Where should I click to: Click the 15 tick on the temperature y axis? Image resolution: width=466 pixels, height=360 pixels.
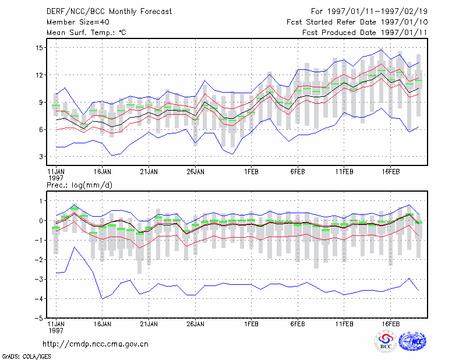point(38,48)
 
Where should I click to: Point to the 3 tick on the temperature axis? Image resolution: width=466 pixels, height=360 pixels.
point(41,157)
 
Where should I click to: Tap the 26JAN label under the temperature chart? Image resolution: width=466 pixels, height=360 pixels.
point(195,172)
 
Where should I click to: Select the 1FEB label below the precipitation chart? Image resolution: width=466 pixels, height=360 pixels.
point(251,324)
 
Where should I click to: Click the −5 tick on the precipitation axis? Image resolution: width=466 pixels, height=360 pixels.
point(38,318)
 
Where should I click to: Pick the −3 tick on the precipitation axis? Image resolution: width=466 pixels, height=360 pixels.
point(38,279)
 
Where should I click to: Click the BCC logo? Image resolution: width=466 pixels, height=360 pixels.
point(386,342)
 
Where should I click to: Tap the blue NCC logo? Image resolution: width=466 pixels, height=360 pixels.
point(413,341)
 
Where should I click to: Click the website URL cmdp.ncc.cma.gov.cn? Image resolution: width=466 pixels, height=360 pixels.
point(96,344)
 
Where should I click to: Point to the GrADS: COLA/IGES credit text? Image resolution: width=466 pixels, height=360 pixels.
point(26,357)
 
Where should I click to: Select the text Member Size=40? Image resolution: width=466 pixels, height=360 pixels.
point(78,22)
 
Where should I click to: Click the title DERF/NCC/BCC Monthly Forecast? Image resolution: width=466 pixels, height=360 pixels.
point(109,12)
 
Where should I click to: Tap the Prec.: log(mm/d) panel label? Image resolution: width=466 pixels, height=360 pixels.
point(79,185)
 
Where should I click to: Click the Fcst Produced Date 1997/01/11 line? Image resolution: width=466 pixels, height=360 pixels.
point(365,33)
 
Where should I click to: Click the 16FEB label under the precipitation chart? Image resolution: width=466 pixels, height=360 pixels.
point(390,324)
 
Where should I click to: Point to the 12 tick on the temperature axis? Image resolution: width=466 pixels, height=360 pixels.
point(38,75)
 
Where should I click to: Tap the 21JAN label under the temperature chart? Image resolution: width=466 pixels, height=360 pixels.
point(149,172)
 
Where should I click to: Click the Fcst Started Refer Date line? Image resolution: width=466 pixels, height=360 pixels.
point(357,22)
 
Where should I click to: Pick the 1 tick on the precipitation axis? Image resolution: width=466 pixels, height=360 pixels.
point(41,201)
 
